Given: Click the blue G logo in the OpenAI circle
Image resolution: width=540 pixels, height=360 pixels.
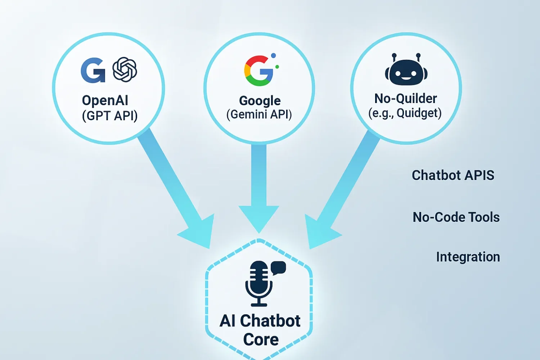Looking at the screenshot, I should (93, 70).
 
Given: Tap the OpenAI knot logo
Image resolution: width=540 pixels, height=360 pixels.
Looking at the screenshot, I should (125, 69).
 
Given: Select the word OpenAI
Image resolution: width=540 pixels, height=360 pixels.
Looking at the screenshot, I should (105, 100).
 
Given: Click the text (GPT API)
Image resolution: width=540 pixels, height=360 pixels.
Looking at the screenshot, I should (110, 116).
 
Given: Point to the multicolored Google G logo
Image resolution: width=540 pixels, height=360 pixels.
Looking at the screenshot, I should (259, 71).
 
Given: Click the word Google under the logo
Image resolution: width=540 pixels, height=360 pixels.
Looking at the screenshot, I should (260, 101).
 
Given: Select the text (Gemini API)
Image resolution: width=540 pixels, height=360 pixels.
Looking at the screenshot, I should (259, 114).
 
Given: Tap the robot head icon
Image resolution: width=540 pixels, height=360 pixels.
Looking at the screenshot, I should (406, 71).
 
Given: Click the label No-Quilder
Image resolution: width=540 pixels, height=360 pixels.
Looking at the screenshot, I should (405, 98).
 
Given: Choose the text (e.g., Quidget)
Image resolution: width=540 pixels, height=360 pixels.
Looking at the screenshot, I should (405, 113).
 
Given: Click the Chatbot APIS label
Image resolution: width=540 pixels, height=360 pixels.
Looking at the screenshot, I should (453, 175).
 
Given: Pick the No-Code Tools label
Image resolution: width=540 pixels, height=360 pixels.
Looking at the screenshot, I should (456, 217).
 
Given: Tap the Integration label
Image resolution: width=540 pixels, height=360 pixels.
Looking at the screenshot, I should (468, 257).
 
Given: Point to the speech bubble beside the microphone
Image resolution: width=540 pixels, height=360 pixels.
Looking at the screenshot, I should (278, 268).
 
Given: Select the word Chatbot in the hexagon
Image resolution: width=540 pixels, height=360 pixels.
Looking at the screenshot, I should (270, 321).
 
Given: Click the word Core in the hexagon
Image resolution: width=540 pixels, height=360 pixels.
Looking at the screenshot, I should (261, 339).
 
